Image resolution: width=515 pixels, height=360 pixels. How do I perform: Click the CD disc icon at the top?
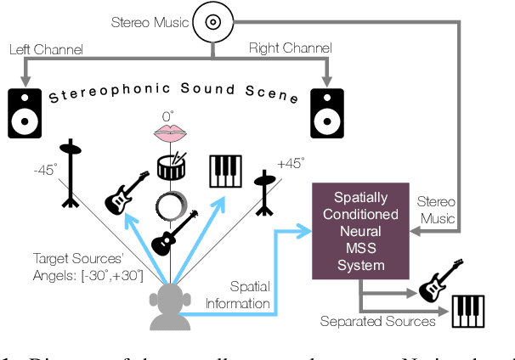click(x=212, y=22)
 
